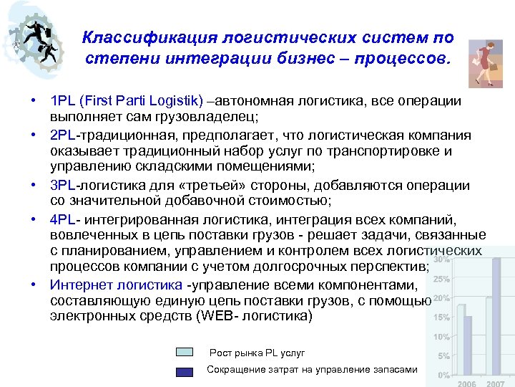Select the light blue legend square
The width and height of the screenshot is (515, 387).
[185, 353]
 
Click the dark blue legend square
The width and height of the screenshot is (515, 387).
[185, 371]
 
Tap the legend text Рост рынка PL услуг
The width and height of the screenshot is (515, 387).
[257, 353]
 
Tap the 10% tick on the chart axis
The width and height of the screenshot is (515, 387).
[443, 337]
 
